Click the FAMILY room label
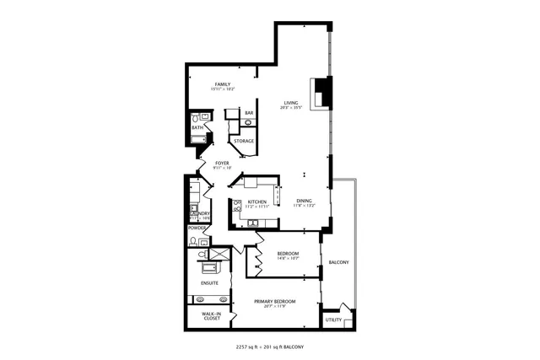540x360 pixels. click(x=223, y=84)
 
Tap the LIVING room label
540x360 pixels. click(x=291, y=104)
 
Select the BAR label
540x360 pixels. click(x=249, y=113)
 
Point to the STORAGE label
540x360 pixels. click(x=244, y=141)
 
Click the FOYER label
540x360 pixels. click(x=222, y=163)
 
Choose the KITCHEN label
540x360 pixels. click(x=256, y=201)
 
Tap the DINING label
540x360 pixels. click(x=304, y=201)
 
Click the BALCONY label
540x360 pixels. click(x=338, y=261)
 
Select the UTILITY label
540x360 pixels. click(x=334, y=320)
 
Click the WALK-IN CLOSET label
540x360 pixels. click(x=211, y=316)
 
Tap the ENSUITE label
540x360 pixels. click(x=209, y=282)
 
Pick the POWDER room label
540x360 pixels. click(x=197, y=228)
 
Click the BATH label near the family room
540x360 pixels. click(x=197, y=127)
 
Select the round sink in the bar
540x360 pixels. click(x=248, y=123)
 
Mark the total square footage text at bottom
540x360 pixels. click(x=269, y=347)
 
